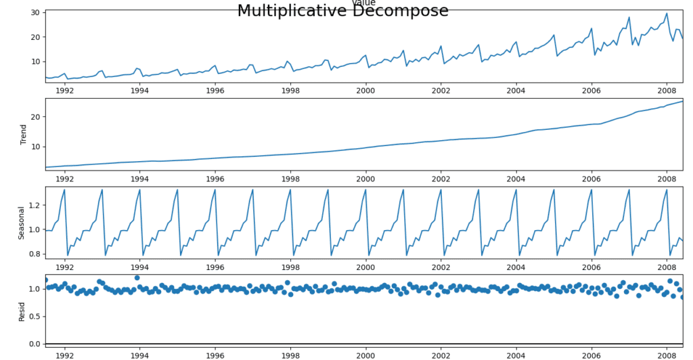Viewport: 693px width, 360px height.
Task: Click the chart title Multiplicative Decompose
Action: click(x=342, y=11)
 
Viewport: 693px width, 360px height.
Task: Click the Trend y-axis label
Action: click(x=24, y=134)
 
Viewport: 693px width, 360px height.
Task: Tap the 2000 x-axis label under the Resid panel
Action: click(x=365, y=354)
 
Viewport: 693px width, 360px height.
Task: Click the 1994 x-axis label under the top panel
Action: click(x=140, y=90)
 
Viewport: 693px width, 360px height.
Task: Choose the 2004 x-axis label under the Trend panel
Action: click(x=516, y=179)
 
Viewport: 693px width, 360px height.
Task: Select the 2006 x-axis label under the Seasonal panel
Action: click(x=591, y=267)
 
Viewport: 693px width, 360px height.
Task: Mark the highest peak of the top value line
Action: click(x=666, y=14)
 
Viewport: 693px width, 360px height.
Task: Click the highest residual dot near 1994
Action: click(x=137, y=277)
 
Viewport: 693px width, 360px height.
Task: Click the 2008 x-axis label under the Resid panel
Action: click(x=667, y=354)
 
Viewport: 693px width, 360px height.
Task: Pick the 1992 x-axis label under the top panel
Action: click(x=65, y=90)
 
